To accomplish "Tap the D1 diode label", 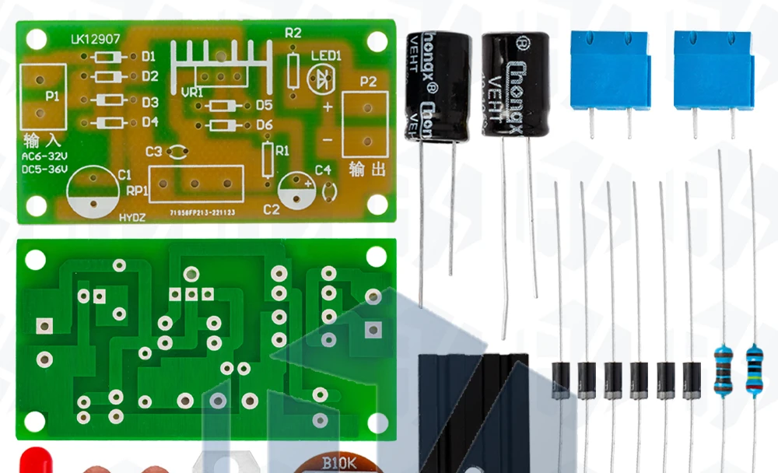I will pos(149,56).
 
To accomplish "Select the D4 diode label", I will pos(149,122).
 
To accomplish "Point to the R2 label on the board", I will pos(293,33).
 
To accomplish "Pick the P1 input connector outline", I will pos(41,95).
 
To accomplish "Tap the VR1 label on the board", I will pos(191,93).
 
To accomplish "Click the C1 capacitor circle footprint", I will pos(93,193).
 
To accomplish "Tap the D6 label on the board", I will pos(264,124).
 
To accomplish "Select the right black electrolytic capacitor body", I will pos(514,84).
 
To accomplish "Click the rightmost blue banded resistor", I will pos(754,371).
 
